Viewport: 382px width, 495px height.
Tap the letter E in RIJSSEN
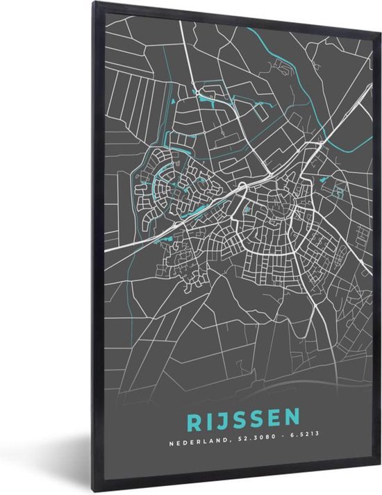tap(268, 419)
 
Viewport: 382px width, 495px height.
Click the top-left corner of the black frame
tap(89, 3)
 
